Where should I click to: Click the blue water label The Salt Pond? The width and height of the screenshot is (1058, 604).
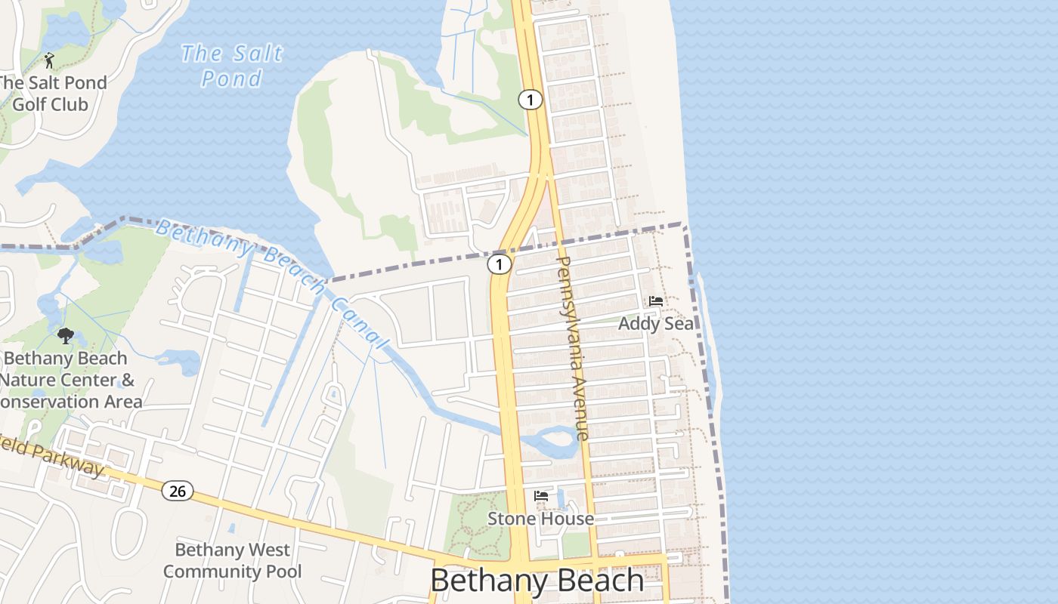coord(231,66)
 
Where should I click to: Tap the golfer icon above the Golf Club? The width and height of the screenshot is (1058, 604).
coord(50,60)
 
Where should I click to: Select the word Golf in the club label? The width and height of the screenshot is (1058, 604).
coord(29,104)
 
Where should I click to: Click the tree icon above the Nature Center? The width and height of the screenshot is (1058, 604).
coord(66,336)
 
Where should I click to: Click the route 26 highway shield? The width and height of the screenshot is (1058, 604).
coord(177,492)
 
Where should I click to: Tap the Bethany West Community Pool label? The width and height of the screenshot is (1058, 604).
coord(232,560)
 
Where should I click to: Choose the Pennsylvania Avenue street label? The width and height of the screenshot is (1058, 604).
coord(571,347)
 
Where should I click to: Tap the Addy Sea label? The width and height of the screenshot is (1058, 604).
coord(656,324)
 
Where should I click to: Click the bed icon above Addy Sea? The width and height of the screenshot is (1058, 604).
coord(656,300)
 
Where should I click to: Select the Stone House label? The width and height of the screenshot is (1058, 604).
coord(540,519)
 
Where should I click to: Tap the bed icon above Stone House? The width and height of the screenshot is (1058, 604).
coord(541,496)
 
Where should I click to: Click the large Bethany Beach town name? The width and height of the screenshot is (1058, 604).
coord(537,581)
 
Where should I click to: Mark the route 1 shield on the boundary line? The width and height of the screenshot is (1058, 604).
coord(499,264)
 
